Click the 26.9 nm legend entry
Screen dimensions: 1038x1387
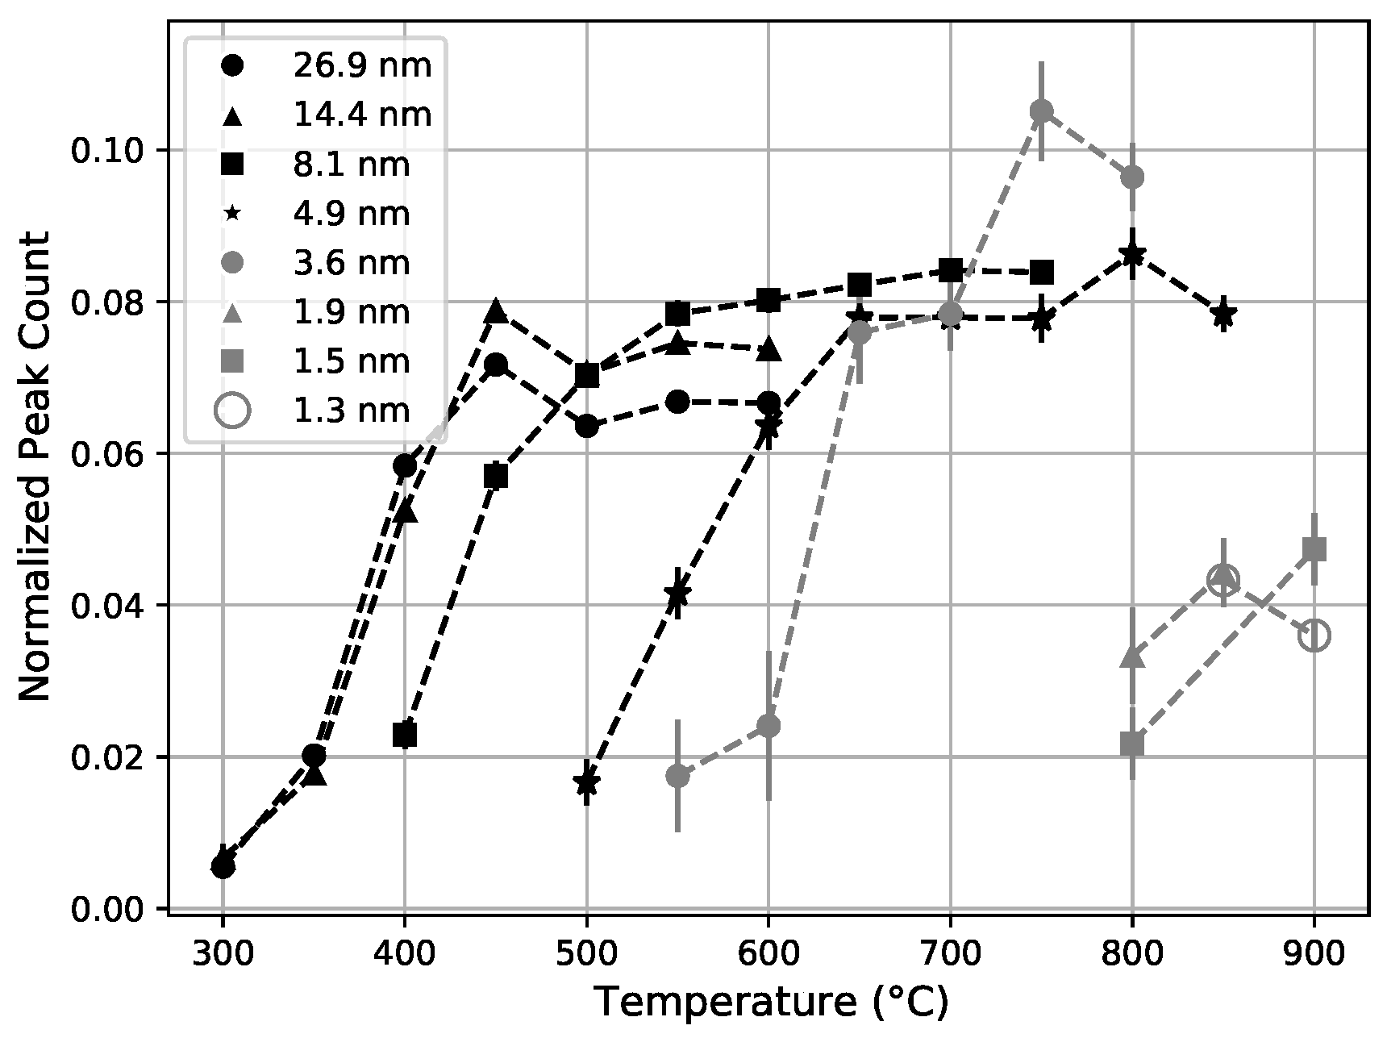tap(362, 65)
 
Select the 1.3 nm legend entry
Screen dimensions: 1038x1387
tap(351, 411)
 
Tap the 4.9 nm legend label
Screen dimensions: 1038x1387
tap(351, 214)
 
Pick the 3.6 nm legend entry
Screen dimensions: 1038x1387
tap(351, 263)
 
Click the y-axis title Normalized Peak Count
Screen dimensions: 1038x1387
tap(34, 467)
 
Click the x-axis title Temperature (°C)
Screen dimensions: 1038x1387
tap(771, 1003)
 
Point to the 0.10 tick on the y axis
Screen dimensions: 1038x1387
tap(109, 151)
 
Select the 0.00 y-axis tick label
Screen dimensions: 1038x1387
tap(109, 909)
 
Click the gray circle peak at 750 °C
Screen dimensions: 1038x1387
tap(1041, 110)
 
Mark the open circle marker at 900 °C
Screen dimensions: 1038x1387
tap(1314, 636)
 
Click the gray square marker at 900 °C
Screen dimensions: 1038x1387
tap(1314, 550)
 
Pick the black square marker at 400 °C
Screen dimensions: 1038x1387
tap(405, 735)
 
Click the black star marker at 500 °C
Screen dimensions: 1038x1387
tap(586, 782)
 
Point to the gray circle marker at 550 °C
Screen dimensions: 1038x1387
tap(677, 776)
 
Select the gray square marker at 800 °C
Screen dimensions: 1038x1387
tap(1132, 744)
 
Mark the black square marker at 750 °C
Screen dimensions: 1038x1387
tap(1041, 273)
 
